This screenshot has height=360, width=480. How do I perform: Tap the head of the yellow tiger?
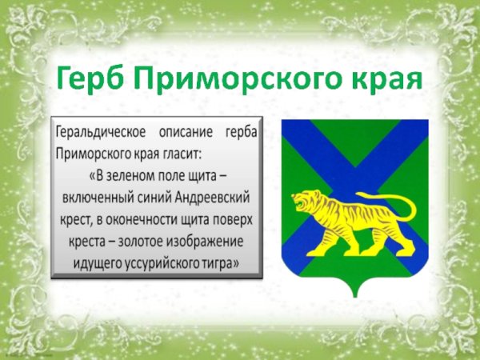point(303,202)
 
